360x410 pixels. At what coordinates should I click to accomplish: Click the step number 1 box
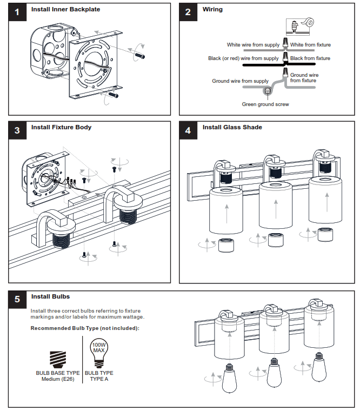click(17, 12)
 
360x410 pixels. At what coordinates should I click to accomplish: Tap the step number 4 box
click(188, 130)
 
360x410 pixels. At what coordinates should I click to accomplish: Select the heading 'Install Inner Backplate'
click(65, 9)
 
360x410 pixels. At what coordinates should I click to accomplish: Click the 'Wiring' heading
click(212, 9)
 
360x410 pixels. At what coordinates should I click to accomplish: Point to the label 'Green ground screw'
click(265, 104)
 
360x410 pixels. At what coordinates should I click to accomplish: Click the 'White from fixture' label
click(310, 45)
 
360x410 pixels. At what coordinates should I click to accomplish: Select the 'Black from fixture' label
click(310, 58)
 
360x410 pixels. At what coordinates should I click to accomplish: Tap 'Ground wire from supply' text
click(241, 81)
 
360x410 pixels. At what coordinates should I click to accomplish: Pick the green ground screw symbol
click(268, 91)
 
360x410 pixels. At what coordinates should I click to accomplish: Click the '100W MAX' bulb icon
click(99, 353)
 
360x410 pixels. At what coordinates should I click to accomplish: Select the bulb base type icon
click(58, 360)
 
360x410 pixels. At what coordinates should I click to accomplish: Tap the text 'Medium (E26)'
click(58, 379)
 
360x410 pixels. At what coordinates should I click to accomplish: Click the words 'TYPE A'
click(99, 379)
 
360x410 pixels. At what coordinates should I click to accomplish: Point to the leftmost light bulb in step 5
click(229, 378)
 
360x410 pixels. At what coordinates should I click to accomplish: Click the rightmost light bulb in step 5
click(319, 367)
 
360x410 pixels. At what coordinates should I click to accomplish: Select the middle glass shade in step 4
click(275, 205)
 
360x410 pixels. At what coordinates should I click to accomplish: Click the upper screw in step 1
click(139, 55)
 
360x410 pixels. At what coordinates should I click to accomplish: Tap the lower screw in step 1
click(114, 95)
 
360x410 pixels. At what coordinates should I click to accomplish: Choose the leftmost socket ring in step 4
click(226, 245)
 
